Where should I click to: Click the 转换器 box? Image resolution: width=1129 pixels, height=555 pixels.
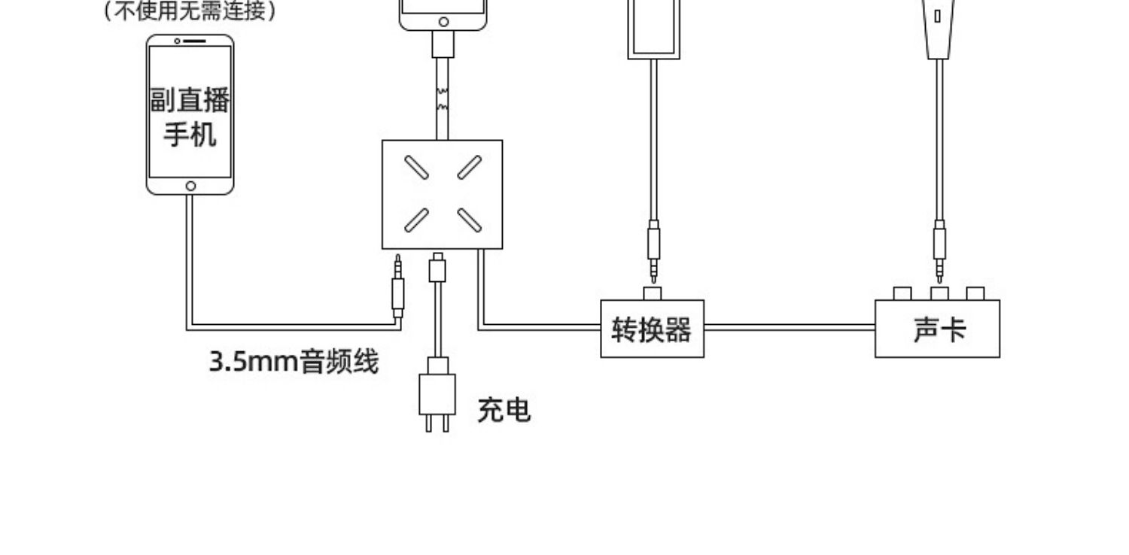tap(653, 329)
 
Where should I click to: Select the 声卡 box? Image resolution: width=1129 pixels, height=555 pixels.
tap(938, 329)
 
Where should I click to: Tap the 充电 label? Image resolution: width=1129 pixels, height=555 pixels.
tap(504, 410)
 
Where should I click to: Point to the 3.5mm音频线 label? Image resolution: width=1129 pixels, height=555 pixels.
tap(294, 362)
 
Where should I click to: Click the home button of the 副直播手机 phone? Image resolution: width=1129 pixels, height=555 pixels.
tap(190, 187)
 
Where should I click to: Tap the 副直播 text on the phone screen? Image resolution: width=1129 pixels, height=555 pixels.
tap(190, 100)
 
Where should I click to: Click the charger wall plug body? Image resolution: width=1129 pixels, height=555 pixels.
tap(437, 394)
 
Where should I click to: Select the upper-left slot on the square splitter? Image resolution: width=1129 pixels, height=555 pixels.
tap(417, 167)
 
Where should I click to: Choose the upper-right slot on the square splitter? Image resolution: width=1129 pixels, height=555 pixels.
tap(469, 167)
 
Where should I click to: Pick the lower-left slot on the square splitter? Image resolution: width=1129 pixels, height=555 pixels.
tap(417, 220)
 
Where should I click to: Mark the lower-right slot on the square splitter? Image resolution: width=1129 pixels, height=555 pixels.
tap(469, 220)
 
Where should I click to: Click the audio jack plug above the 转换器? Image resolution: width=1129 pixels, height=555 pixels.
tap(654, 251)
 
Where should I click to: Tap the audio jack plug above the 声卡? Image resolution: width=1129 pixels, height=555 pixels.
tap(939, 251)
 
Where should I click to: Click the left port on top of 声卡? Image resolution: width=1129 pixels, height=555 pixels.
tap(902, 293)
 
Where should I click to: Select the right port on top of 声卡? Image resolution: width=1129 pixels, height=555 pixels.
tap(975, 293)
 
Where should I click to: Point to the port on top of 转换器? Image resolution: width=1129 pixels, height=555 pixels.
tap(653, 293)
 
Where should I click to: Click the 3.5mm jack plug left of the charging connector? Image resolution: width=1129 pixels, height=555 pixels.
tap(397, 286)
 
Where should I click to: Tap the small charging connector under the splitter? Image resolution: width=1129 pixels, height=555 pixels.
tap(437, 268)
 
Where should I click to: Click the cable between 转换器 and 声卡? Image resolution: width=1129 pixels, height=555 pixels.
tap(790, 327)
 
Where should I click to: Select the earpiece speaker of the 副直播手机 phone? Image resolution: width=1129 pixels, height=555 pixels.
tap(194, 41)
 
